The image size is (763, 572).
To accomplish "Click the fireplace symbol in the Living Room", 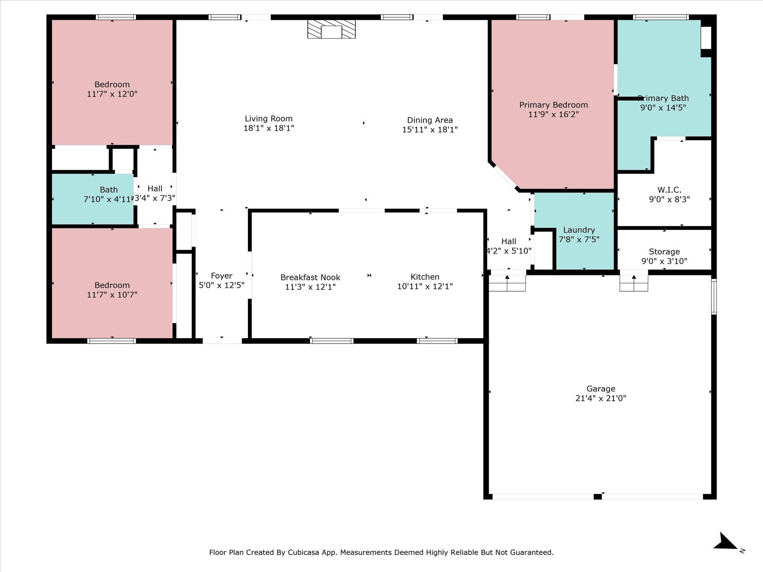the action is click(x=332, y=29).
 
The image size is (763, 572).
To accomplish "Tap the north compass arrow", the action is click(x=726, y=542).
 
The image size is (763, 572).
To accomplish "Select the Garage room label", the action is click(x=601, y=389).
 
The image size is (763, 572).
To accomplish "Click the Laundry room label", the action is click(x=579, y=230).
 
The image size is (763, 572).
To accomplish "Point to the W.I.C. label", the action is click(x=669, y=190).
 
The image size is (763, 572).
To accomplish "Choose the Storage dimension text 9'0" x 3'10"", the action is click(x=664, y=261).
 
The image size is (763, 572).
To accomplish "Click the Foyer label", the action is click(x=222, y=276).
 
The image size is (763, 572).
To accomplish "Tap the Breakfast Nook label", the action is click(x=310, y=277).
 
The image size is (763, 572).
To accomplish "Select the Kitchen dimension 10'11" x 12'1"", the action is click(x=425, y=286).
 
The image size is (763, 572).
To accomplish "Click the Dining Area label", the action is click(x=430, y=120).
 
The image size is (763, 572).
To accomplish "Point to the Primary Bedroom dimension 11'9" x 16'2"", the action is click(x=554, y=114).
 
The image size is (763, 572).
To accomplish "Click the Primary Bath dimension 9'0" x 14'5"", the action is click(x=663, y=108).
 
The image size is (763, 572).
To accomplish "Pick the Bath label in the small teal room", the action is click(x=109, y=190).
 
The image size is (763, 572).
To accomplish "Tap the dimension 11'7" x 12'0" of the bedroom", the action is click(x=112, y=94).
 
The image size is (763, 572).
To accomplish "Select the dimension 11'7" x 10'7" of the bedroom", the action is click(x=112, y=295).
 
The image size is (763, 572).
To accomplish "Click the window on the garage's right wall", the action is click(x=714, y=297).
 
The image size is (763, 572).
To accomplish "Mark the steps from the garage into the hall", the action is click(x=507, y=283).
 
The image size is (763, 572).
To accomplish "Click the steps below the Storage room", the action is click(x=634, y=283).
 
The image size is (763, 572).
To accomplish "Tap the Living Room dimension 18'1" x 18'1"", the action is click(x=269, y=128).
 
